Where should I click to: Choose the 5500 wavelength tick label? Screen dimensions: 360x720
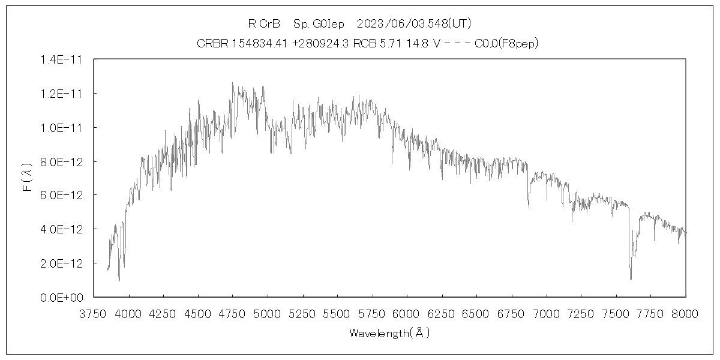(337, 314)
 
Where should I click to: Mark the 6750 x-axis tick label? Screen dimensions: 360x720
(512, 314)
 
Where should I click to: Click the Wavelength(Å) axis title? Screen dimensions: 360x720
(390, 333)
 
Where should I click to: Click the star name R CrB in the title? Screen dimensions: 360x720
(265, 24)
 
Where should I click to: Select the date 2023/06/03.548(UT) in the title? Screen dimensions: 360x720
(413, 24)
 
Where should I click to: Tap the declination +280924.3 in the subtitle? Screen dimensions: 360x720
(323, 43)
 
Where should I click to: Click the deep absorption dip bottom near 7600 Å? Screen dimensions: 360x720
(631, 278)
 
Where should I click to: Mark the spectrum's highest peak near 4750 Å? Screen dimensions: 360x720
(232, 83)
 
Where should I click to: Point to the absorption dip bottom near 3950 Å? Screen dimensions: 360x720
(119, 280)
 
